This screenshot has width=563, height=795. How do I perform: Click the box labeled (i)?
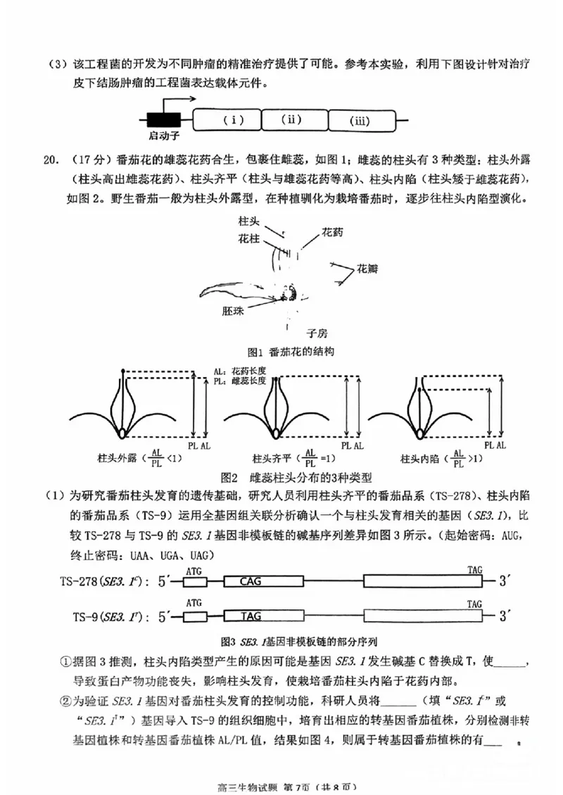point(226,120)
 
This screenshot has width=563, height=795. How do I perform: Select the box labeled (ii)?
point(295,119)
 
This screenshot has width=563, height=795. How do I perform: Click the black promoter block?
point(163,120)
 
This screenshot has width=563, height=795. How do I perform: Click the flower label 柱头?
point(249,221)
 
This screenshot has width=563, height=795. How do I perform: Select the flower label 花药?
point(334,231)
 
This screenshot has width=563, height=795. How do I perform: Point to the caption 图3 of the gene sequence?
point(281,641)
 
